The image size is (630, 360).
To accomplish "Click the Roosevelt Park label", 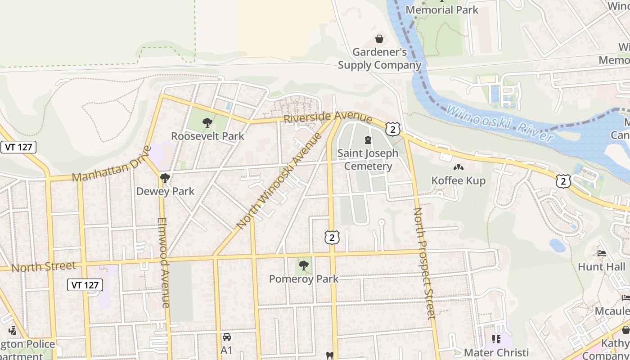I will [208, 136].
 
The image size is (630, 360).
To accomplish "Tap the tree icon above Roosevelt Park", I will [207, 122].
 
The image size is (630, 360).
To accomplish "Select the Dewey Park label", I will [166, 191].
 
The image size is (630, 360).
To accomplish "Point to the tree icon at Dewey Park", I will [165, 178].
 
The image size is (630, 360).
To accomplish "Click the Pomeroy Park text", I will [304, 279].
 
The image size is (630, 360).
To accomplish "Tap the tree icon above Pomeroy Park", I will [304, 265].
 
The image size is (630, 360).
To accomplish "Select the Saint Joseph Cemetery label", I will [368, 160].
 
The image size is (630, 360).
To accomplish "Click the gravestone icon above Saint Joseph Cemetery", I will [368, 140].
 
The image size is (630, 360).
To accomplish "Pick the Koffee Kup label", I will [459, 180].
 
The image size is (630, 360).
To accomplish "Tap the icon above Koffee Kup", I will [459, 167].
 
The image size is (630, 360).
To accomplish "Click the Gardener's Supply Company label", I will [380, 58].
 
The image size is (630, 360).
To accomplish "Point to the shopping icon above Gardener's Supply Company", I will [379, 39].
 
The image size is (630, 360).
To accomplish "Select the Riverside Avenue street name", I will [328, 118].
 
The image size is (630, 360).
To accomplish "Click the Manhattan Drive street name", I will [112, 164].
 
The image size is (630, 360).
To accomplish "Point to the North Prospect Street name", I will [424, 263].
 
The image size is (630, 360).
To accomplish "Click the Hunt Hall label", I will [602, 266].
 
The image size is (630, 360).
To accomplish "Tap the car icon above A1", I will [227, 337].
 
